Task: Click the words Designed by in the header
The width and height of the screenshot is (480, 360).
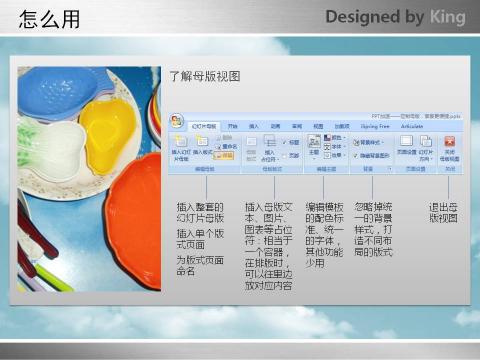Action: [x=370, y=18]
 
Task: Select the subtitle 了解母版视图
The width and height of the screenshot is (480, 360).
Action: [x=204, y=76]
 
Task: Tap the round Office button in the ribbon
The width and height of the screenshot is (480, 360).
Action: [x=176, y=121]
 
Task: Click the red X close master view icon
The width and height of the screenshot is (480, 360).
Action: [x=449, y=143]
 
